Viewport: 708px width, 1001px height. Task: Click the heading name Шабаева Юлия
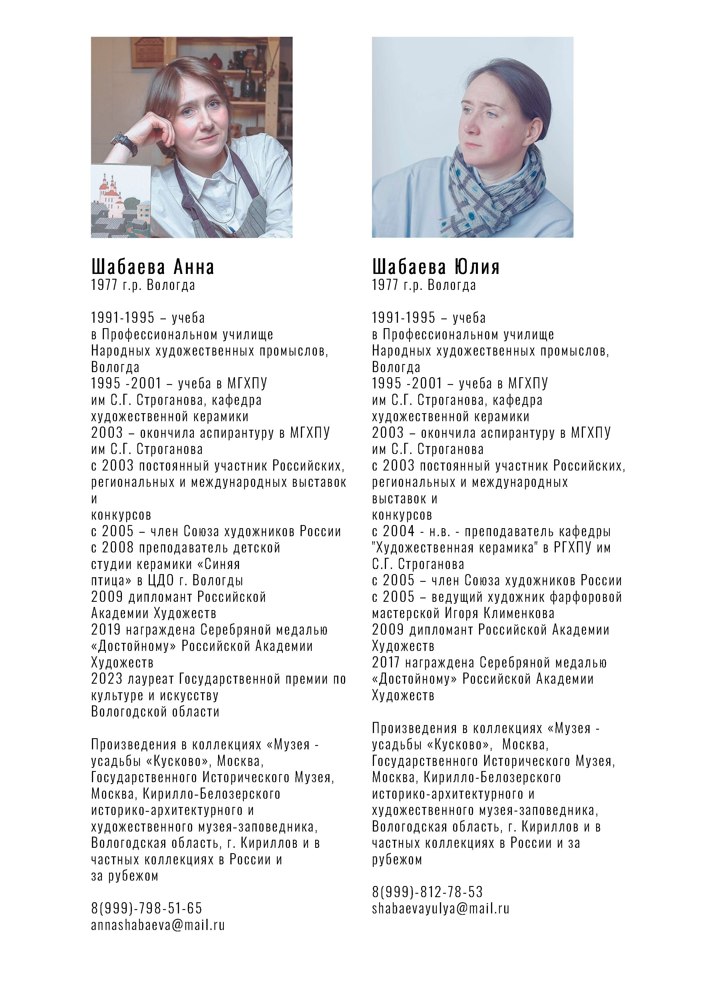435,267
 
